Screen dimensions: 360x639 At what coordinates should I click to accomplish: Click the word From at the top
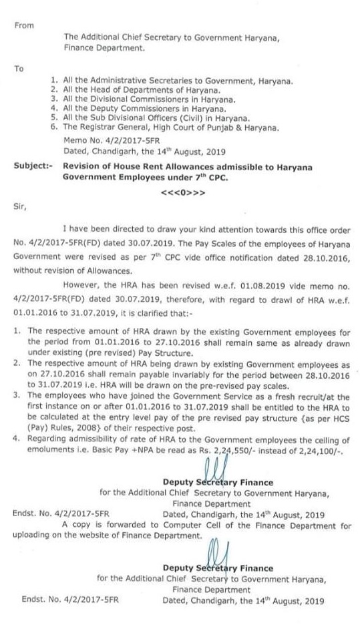(23, 25)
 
